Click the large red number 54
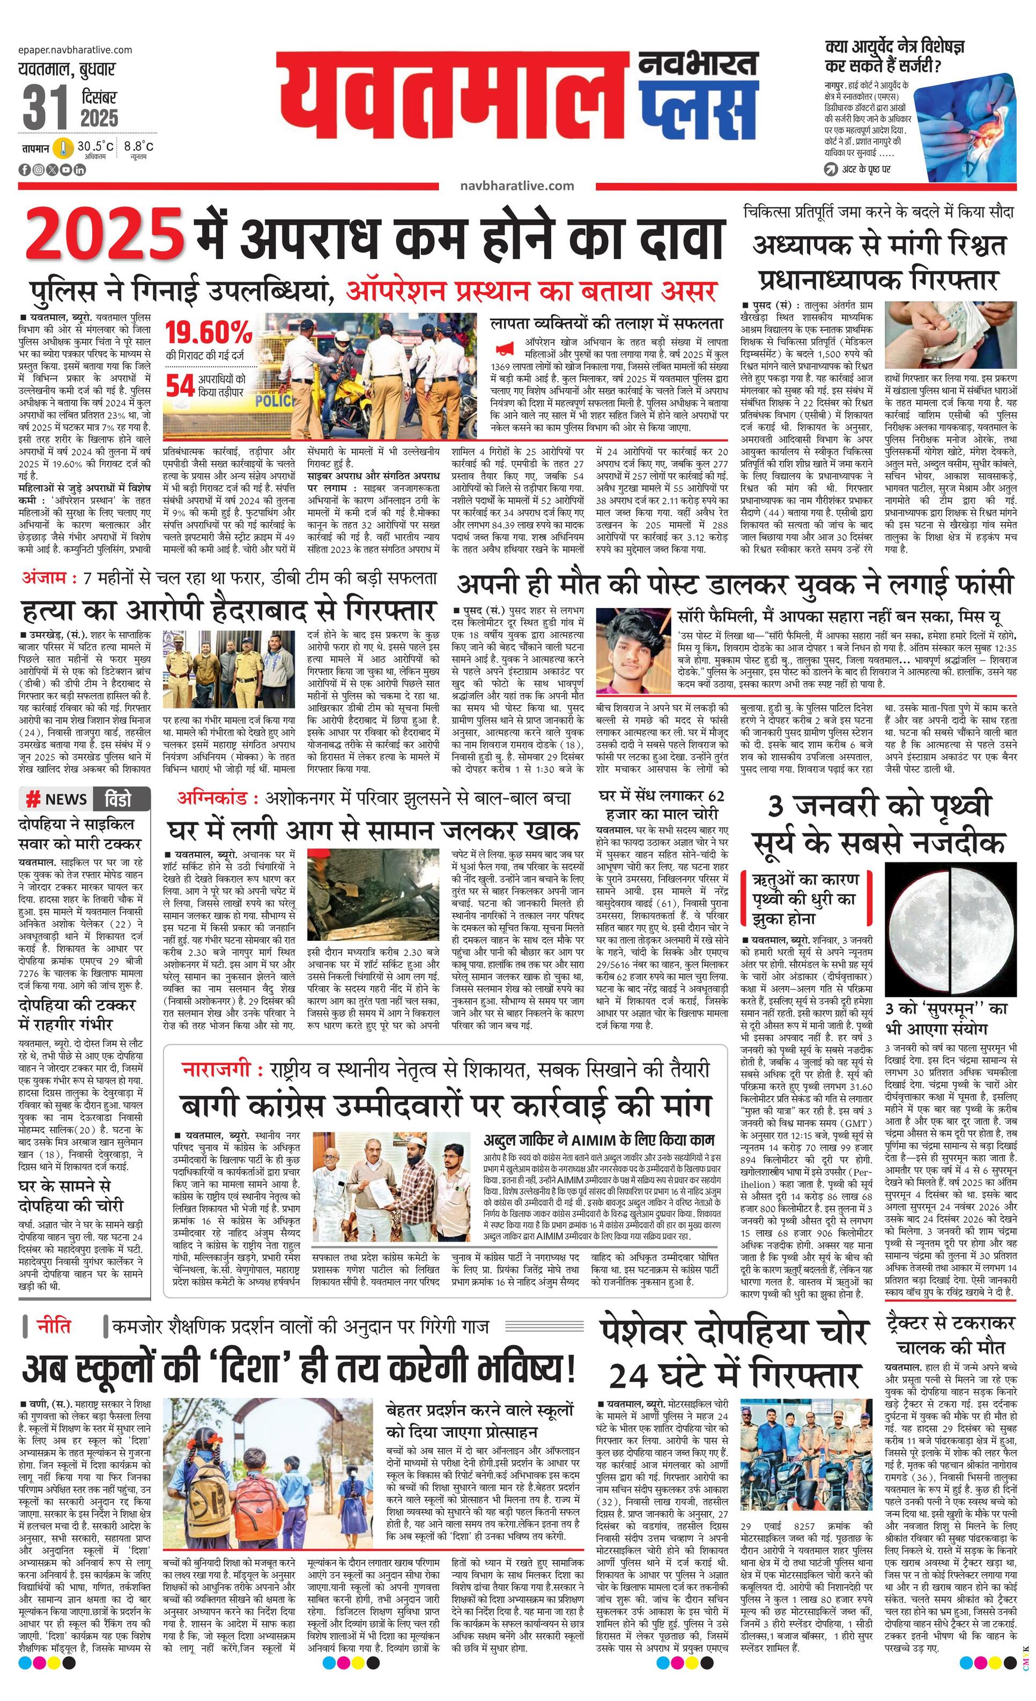coord(180,386)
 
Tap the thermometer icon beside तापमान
coord(64,148)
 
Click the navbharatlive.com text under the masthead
coord(516,185)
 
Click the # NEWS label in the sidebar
coord(58,799)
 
